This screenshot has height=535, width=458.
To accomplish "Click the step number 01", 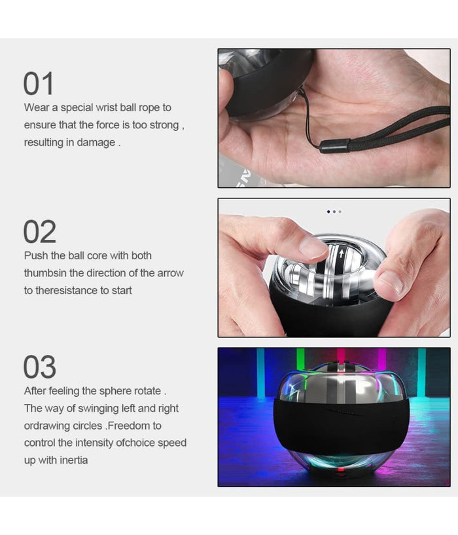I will [39, 84].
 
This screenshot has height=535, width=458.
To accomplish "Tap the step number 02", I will [40, 232].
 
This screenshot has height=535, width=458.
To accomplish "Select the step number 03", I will [40, 367].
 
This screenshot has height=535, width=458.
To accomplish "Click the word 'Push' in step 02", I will [36, 255].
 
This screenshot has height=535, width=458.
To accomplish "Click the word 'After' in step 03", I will [37, 391].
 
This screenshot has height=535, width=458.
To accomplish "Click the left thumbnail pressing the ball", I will [312, 247].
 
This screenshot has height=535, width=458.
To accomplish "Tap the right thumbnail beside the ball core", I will [391, 282].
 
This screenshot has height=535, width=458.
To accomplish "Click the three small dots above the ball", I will [334, 212].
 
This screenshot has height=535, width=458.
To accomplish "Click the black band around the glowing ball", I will [340, 426].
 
